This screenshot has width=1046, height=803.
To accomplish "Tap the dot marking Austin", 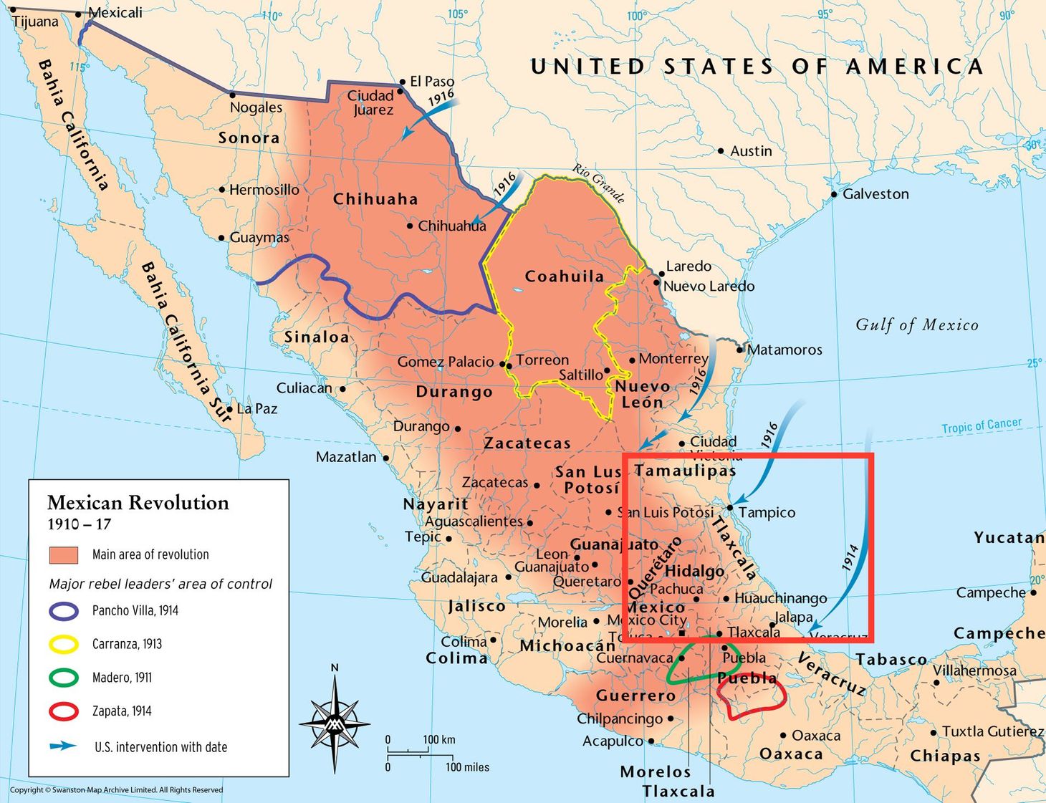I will (721, 151).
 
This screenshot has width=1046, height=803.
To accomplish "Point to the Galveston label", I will (875, 194).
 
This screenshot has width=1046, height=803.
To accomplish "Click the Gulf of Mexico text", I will (916, 325).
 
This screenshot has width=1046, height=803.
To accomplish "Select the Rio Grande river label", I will (598, 183).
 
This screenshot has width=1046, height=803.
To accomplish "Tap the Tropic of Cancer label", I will (981, 425).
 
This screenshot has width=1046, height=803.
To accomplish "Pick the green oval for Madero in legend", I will (64, 678).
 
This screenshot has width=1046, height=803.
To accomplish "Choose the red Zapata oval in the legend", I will (64, 711).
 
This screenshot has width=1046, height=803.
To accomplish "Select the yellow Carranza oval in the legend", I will (64, 644).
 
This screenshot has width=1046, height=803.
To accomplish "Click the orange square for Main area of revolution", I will (64, 555).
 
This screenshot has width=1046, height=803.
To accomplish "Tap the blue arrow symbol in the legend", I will (64, 746).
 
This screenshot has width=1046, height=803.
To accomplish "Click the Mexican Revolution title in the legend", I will (138, 503).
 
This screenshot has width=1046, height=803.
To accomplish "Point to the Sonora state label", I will (249, 138).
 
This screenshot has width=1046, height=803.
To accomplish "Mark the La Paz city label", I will (256, 409).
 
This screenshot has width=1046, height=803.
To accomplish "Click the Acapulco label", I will (613, 741).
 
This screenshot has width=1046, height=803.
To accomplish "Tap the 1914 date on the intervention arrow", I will (850, 558).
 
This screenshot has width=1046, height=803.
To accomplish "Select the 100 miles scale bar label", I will (467, 767).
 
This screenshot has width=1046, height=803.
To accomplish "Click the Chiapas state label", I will (945, 756).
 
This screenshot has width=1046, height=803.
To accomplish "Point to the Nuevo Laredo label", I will (709, 287).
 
